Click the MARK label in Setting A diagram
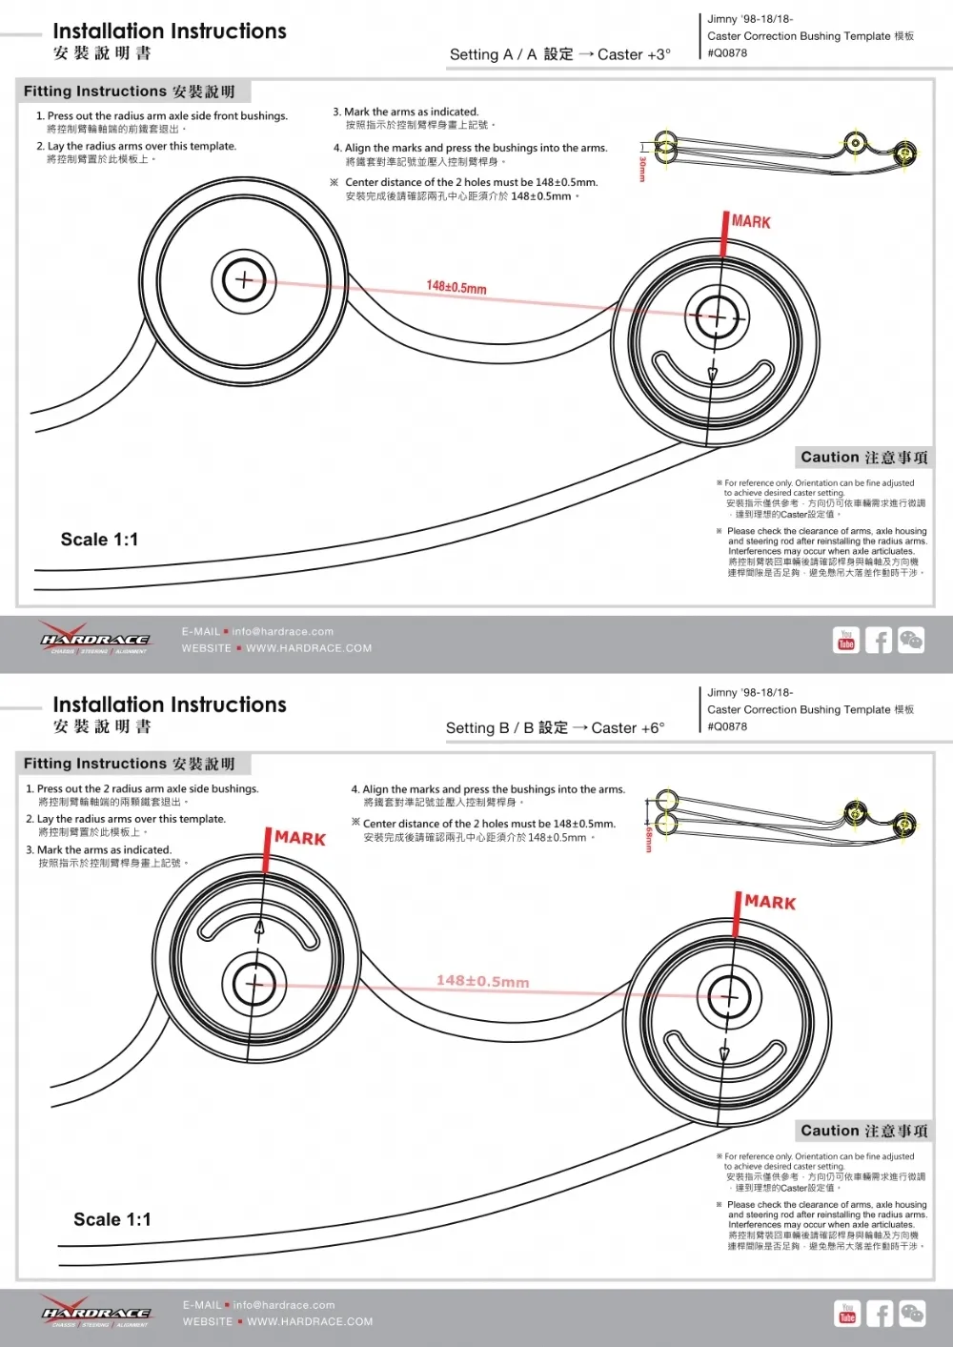tap(751, 222)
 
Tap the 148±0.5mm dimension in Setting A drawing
tap(456, 287)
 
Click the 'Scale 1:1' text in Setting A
tap(99, 540)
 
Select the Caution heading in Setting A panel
tap(863, 458)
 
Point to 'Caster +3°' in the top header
tap(634, 55)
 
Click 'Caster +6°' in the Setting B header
tap(627, 728)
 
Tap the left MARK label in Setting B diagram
tap(300, 839)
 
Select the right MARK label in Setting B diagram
tap(770, 903)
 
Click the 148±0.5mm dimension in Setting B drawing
tap(482, 981)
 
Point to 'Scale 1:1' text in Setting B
tap(112, 1219)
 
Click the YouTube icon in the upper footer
tap(846, 640)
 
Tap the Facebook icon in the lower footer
tap(880, 1314)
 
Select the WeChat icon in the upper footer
tap(911, 640)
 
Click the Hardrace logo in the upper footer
tap(94, 641)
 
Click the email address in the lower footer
tap(284, 1305)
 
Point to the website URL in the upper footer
tap(309, 648)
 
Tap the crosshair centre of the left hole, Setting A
tap(244, 279)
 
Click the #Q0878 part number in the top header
tap(727, 53)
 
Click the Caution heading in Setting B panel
tap(863, 1132)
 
